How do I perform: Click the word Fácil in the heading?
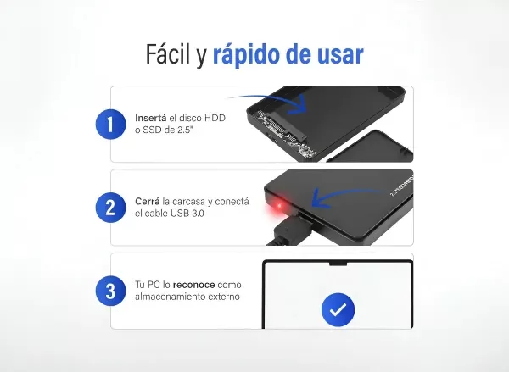click(171, 56)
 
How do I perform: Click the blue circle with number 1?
click(110, 125)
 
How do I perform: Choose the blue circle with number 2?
click(110, 208)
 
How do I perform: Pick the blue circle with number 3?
click(110, 291)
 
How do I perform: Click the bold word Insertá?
click(150, 118)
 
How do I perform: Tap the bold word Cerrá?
click(148, 202)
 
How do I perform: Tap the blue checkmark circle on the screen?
click(338, 310)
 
